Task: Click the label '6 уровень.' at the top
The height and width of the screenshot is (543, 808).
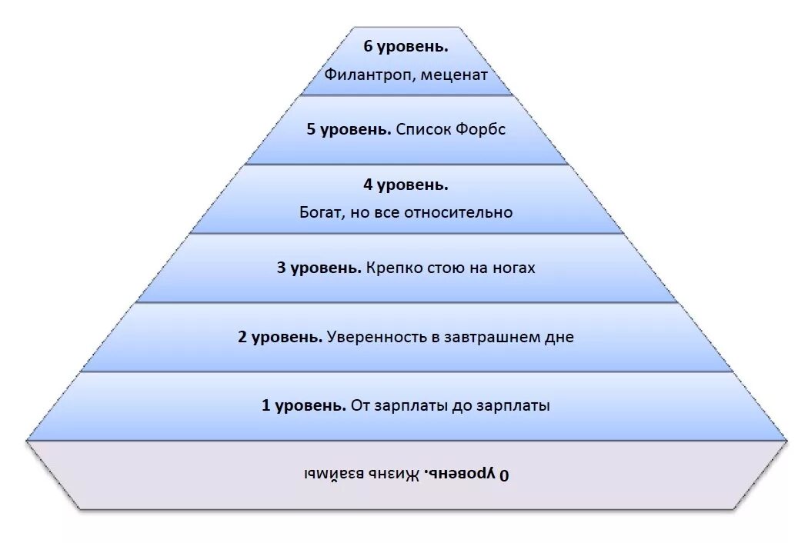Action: tap(406, 47)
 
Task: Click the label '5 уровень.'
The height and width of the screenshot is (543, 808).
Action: tap(349, 129)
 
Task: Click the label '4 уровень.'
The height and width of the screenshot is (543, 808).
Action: tap(406, 185)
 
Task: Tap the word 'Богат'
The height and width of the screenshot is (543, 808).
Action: tap(322, 212)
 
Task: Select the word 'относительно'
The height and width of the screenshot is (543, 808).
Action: tap(465, 212)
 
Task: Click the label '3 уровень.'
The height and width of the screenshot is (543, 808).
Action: tap(319, 268)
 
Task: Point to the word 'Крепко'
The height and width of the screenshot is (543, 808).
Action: tap(392, 268)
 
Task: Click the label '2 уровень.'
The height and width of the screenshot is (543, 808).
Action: tap(281, 337)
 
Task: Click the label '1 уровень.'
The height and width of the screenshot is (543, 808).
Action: tap(304, 405)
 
